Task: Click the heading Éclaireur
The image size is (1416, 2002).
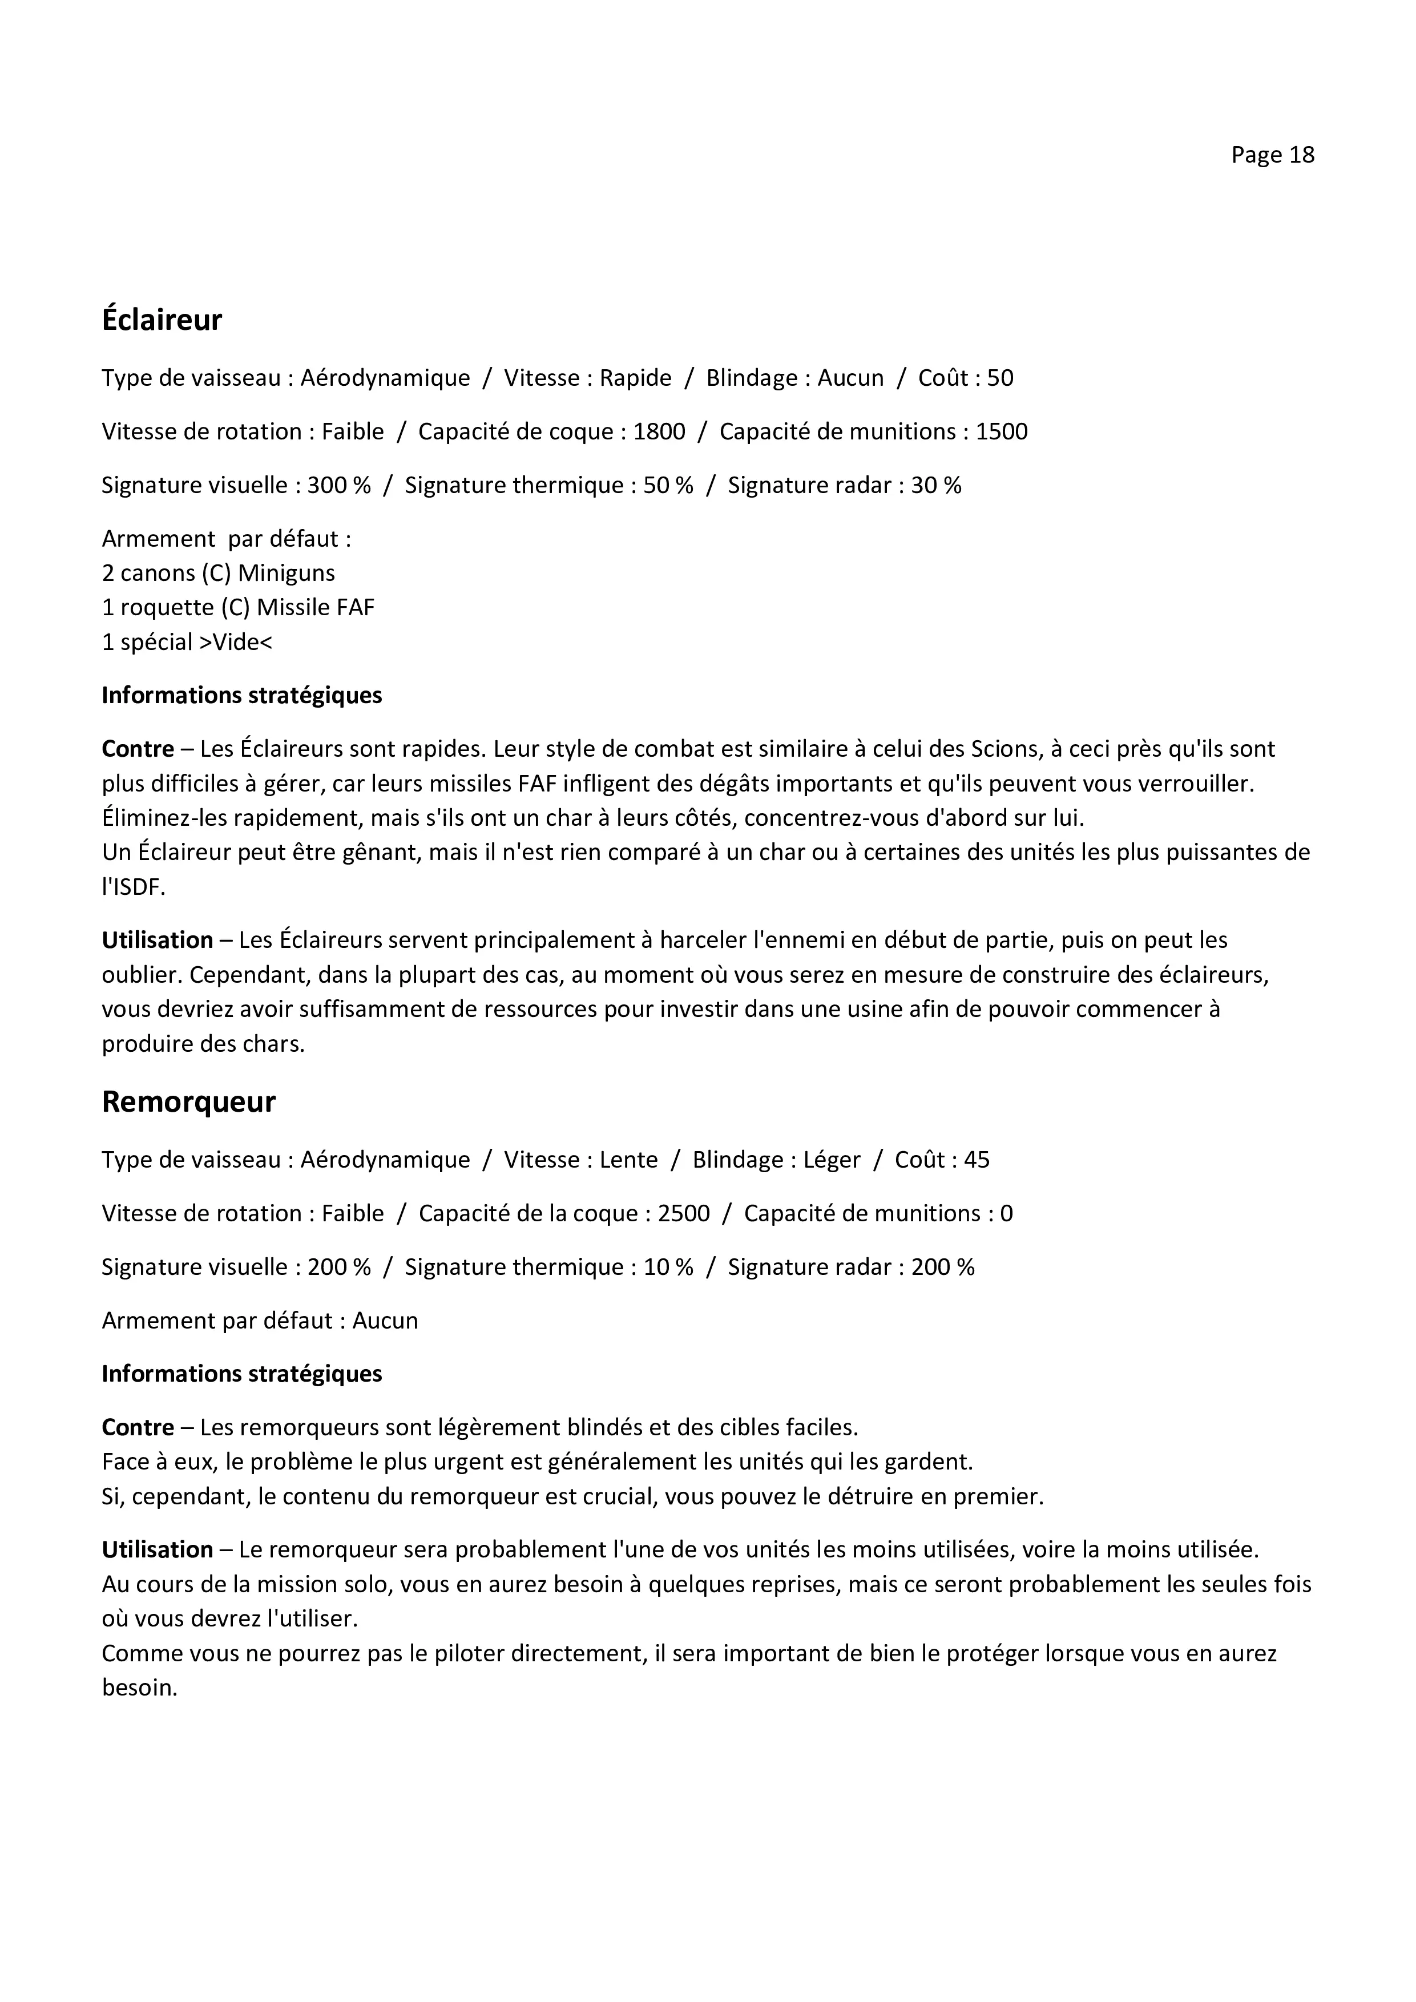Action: point(162,320)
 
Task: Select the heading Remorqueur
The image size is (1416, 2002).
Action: point(188,1101)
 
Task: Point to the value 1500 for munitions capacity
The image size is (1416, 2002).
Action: point(1001,431)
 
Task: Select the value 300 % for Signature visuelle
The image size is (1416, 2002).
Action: point(338,485)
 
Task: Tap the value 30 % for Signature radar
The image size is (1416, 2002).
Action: point(935,485)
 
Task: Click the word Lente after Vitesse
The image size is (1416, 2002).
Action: point(628,1160)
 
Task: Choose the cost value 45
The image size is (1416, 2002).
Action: point(977,1160)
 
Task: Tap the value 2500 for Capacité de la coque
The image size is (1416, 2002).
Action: point(684,1214)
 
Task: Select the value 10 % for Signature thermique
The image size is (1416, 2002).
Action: point(668,1267)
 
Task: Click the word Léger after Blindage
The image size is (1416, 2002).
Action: point(832,1160)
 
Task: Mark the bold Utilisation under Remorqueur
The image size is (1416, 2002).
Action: point(157,1549)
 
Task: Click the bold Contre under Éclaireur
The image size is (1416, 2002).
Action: point(138,749)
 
